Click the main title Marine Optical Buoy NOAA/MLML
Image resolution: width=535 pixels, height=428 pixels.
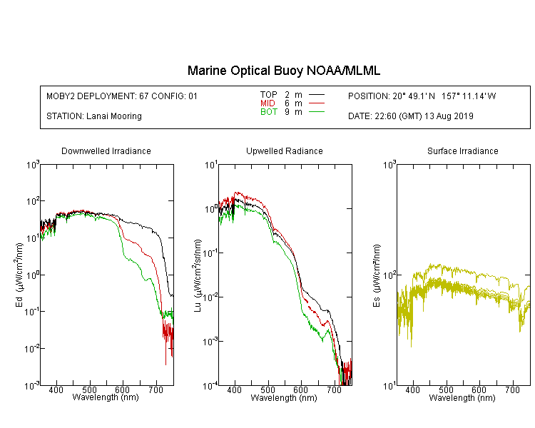(283, 71)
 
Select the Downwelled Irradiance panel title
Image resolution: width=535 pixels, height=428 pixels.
(106, 151)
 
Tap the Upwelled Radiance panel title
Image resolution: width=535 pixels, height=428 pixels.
(285, 151)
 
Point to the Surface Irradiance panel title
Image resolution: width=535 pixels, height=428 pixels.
(463, 151)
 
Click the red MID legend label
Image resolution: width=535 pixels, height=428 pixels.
(267, 103)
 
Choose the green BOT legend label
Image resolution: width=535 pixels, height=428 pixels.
(268, 112)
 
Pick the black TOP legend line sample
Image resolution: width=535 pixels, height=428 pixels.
(317, 95)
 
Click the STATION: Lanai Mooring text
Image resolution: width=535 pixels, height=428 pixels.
(94, 116)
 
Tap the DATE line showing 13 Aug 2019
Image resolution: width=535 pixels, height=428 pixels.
(410, 116)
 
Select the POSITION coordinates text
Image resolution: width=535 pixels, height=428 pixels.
(422, 96)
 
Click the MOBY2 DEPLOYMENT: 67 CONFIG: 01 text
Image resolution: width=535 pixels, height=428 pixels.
(122, 96)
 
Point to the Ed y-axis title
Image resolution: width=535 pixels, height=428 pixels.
(19, 275)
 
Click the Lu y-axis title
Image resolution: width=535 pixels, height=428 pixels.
(198, 275)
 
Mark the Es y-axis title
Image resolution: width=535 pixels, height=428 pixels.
(376, 275)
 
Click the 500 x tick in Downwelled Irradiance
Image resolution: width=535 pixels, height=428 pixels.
(89, 389)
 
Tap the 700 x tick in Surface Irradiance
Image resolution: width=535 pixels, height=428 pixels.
(512, 389)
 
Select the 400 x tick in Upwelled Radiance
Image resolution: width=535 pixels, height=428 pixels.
(235, 389)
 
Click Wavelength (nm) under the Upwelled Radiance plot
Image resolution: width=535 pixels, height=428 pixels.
(284, 397)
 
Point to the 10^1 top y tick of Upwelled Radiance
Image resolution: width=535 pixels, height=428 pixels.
(211, 165)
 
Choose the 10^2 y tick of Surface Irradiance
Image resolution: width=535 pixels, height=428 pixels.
(389, 275)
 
